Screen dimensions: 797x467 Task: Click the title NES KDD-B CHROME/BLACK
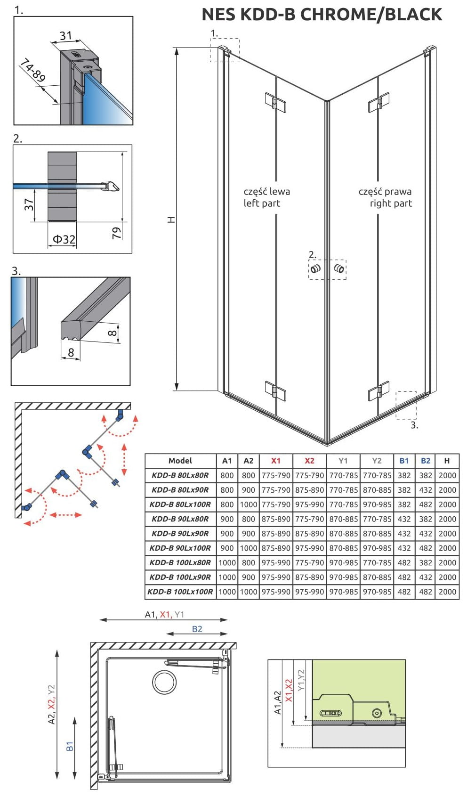point(322,15)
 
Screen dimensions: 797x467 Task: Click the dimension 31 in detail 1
point(66,35)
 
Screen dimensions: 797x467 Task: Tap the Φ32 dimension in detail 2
point(64,239)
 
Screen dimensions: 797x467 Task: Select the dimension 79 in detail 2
point(117,233)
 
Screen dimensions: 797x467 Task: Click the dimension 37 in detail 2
point(29,205)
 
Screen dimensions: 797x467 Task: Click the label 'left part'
point(262,203)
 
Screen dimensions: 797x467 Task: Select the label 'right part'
point(391,203)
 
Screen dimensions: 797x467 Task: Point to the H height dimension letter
point(171,220)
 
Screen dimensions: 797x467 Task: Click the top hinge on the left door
point(275,102)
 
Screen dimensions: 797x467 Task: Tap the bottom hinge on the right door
point(378,391)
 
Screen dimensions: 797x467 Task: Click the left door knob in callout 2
point(315,269)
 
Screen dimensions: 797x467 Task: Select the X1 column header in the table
point(276,461)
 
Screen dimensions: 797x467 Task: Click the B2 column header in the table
point(426,461)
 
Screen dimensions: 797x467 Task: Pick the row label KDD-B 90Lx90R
point(180,534)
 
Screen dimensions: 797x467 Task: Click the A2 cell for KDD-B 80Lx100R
point(249,504)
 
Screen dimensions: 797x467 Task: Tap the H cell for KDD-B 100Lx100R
point(447,592)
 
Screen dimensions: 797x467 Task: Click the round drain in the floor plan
point(164,681)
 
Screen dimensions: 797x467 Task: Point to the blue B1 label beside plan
point(70,746)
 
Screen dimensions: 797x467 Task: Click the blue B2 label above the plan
point(197,629)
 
